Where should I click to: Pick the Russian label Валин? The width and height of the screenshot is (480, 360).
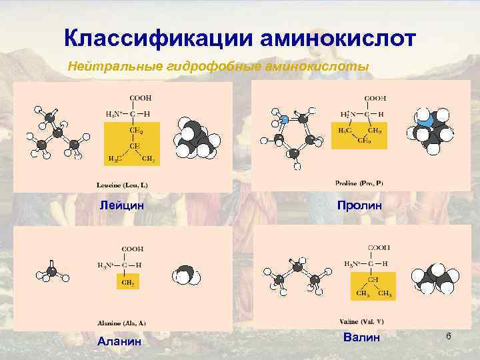(361, 338)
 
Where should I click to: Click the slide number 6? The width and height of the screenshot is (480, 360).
(449, 337)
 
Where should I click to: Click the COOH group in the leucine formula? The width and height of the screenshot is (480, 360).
(139, 98)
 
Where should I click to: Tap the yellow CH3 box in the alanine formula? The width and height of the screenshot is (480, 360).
(127, 283)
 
